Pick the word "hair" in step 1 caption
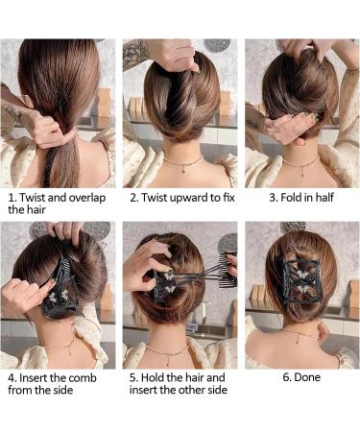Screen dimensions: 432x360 (34, 213)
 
